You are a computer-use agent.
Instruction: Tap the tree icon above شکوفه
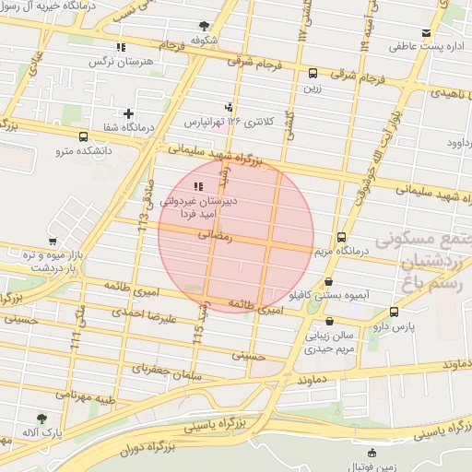[x=203, y=26]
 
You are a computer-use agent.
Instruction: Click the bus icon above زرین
[x=313, y=73]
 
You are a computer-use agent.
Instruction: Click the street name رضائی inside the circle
[x=221, y=236]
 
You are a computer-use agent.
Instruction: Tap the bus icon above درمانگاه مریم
[x=342, y=237]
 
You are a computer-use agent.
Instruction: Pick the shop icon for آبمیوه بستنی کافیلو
[x=329, y=283]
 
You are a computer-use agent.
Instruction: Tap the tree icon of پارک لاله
[x=41, y=419]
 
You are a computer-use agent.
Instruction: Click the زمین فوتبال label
[x=372, y=466]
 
